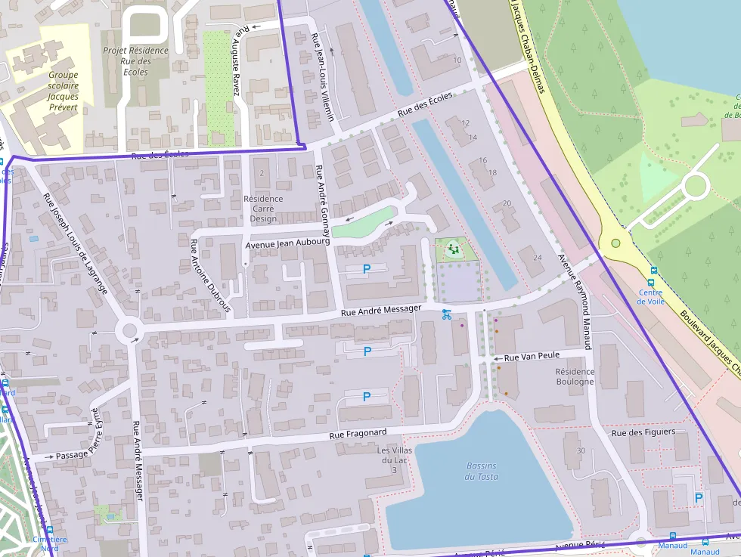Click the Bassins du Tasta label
coord(482,471)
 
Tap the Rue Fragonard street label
coord(358,434)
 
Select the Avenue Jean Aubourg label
coord(288,243)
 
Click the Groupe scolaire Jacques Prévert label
coord(63,91)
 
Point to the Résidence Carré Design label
coord(263,209)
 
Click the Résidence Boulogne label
coord(575,376)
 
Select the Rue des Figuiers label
coord(643,433)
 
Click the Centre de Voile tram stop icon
coord(653,271)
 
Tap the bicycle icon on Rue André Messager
coord(446,314)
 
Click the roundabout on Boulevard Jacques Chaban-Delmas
coord(615,243)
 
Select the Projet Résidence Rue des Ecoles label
coord(135,61)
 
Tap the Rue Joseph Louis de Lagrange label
coord(75,243)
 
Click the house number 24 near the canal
coord(538,258)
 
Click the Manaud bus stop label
coord(673,546)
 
